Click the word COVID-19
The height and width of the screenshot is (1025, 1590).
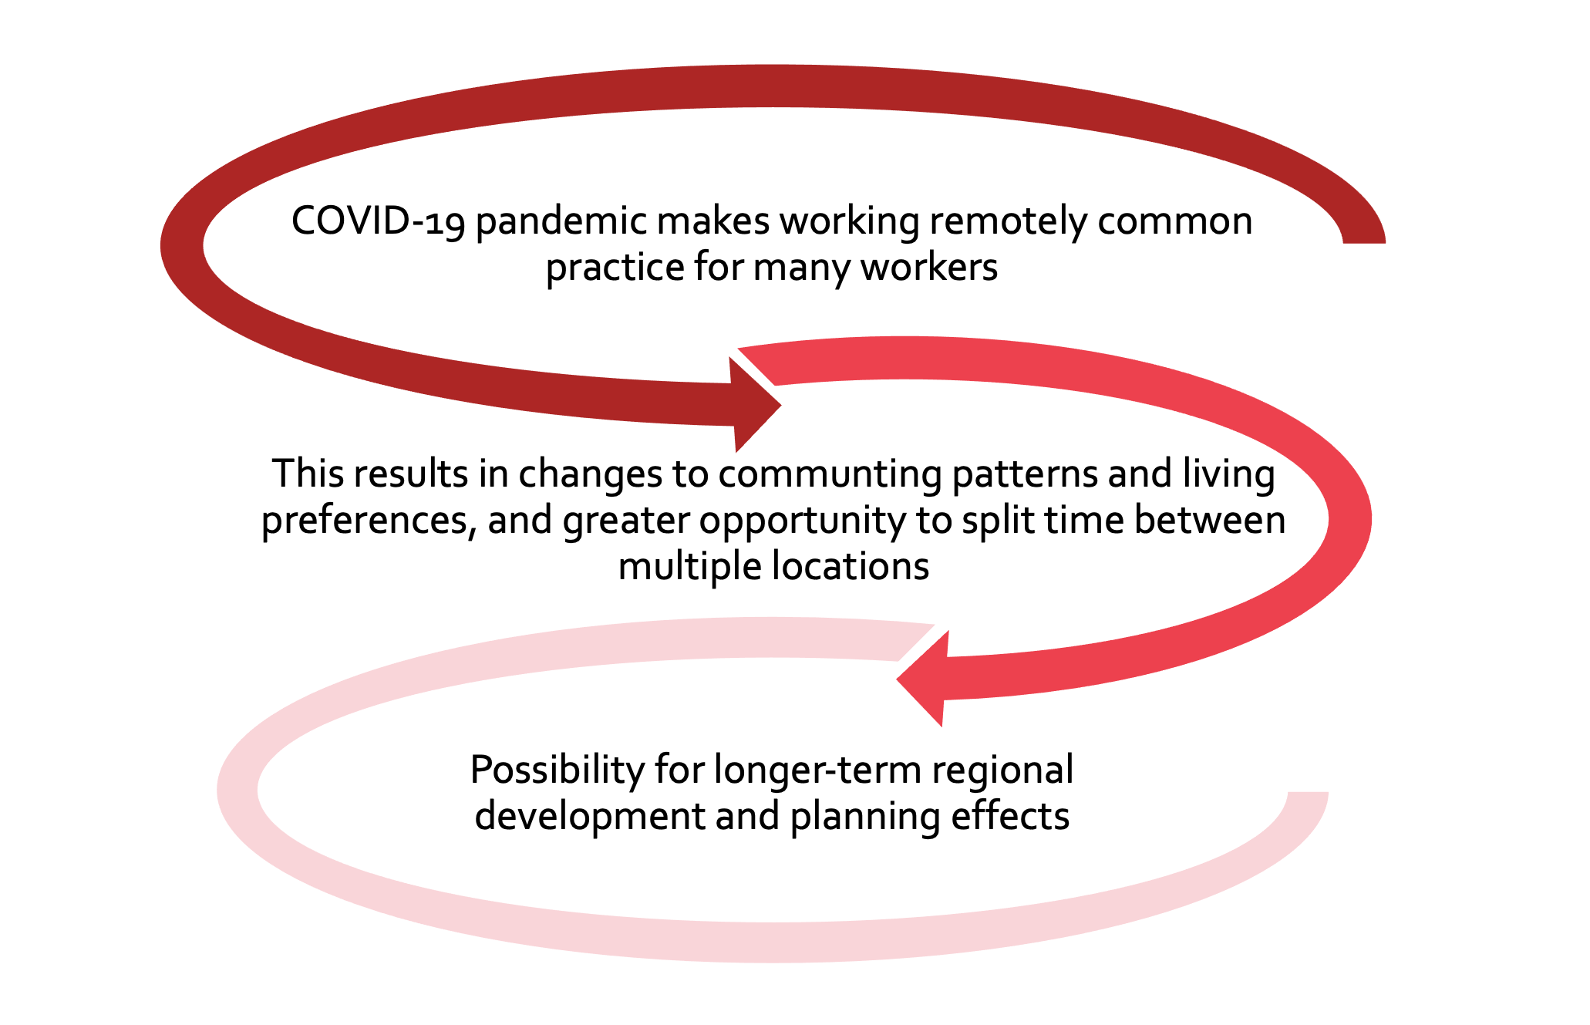pyautogui.click(x=378, y=221)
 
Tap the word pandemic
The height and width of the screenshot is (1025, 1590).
pyautogui.click(x=561, y=222)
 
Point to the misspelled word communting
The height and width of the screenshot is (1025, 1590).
pyautogui.click(x=830, y=474)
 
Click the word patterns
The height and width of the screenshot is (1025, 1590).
pyautogui.click(x=1025, y=474)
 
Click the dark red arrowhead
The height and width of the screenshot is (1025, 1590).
pyautogui.click(x=754, y=405)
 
